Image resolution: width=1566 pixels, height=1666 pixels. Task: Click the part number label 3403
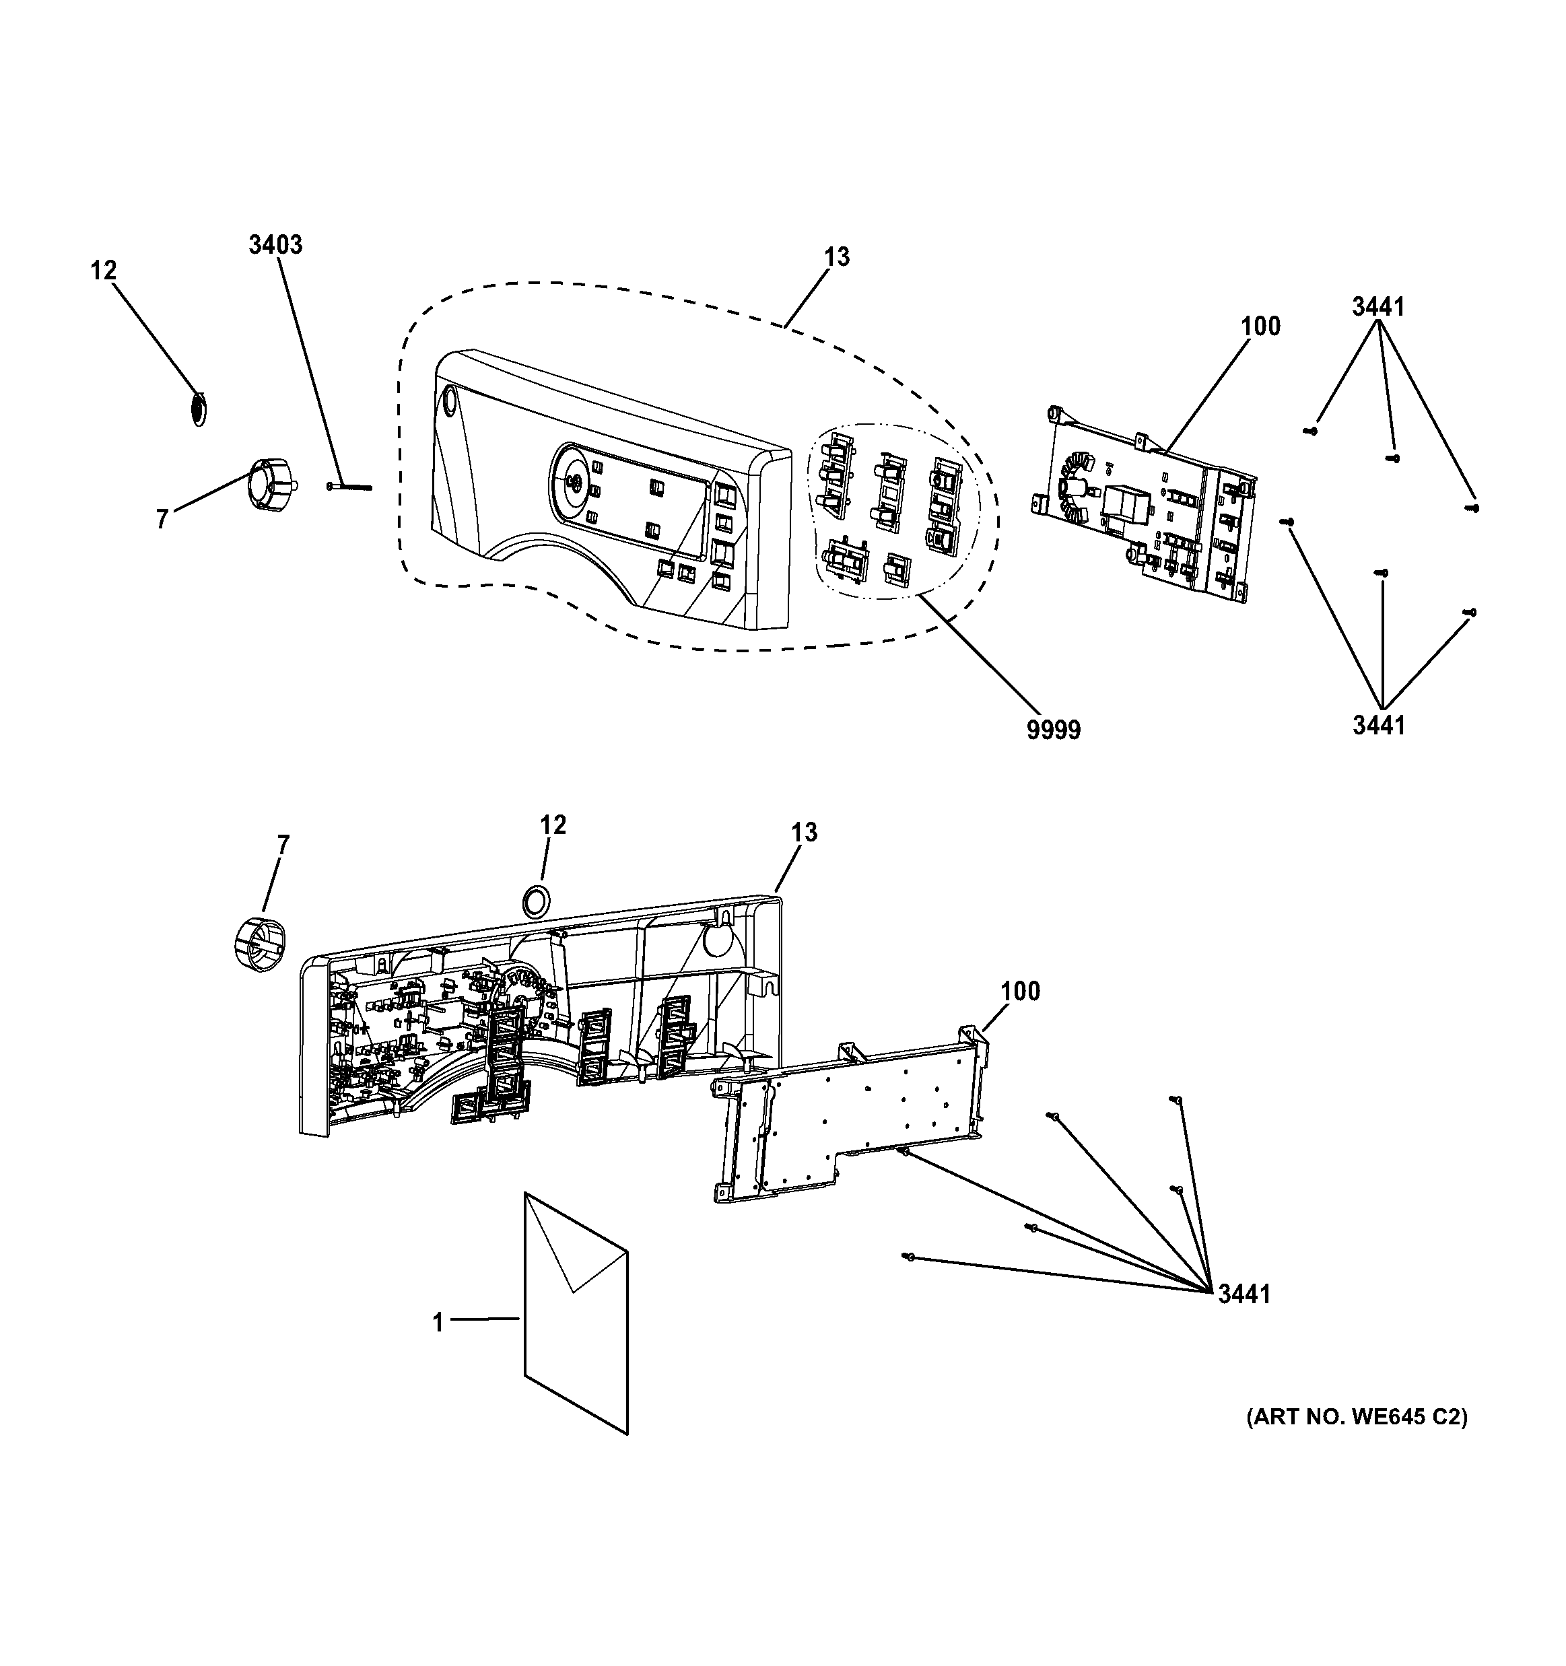275,245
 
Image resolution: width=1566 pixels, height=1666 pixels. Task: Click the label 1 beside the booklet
438,1323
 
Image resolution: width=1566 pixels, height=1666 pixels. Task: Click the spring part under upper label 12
199,409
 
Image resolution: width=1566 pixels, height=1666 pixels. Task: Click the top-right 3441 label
1378,308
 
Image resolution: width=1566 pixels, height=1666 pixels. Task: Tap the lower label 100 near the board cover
1020,992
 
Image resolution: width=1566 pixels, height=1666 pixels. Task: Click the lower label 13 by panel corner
803,832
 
